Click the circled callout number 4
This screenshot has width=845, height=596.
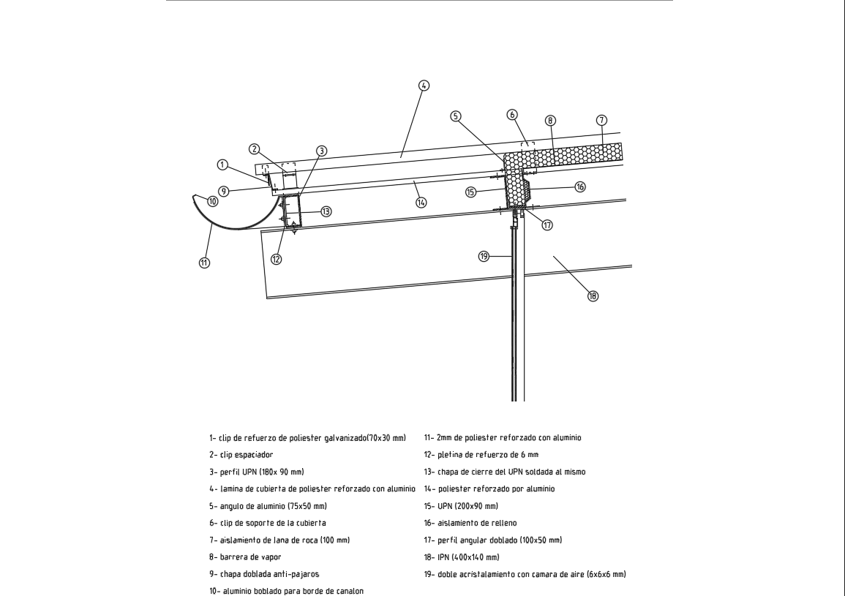point(424,85)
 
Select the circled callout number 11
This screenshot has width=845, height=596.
point(205,263)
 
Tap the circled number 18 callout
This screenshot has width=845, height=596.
point(593,296)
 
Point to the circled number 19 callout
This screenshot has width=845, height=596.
point(484,256)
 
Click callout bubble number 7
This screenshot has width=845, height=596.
point(601,119)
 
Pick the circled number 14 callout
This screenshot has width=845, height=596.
point(421,203)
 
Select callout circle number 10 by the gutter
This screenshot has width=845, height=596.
point(212,201)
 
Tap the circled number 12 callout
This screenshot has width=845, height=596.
point(277,259)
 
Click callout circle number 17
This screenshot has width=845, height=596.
point(547,225)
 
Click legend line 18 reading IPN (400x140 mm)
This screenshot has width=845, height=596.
point(465,557)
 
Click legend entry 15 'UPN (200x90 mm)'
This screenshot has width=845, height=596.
point(461,506)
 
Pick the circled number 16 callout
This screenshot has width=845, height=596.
point(580,187)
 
